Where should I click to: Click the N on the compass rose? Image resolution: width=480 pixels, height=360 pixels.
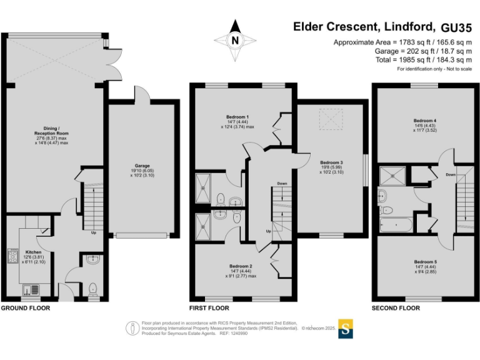pos(235,41)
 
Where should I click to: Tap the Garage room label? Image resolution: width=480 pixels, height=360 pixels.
pos(142,166)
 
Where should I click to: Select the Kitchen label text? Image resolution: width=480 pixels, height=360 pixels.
pos(33,252)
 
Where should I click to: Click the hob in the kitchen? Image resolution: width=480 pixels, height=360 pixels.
pos(13,256)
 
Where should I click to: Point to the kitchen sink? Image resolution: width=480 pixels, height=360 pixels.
pos(31,290)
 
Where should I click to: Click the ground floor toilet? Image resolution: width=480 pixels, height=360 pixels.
pos(92,289)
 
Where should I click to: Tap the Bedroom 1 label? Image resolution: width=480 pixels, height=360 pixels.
pos(237,117)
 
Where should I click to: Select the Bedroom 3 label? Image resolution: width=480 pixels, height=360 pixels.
pos(331,162)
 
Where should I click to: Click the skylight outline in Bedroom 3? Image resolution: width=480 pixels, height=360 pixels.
pos(331,119)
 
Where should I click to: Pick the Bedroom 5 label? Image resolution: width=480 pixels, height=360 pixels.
pos(426,262)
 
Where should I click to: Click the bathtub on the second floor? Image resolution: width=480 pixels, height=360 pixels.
pos(396,225)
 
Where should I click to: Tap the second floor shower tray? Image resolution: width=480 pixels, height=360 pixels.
pos(392,176)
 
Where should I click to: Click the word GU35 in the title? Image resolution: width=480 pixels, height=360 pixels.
pos(456,28)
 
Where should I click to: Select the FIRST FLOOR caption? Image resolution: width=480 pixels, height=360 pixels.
pos(209,308)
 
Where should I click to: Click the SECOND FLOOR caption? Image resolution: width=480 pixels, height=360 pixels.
pos(396,308)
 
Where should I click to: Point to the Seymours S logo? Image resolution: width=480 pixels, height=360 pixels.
pos(346,329)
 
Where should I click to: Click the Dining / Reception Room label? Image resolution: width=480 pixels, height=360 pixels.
pos(51,131)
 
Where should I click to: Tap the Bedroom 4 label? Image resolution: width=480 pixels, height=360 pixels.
pos(425,121)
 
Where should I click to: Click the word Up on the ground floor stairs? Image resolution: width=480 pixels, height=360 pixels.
pos(94,232)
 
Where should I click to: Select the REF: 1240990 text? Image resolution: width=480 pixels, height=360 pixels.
pos(234,333)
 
